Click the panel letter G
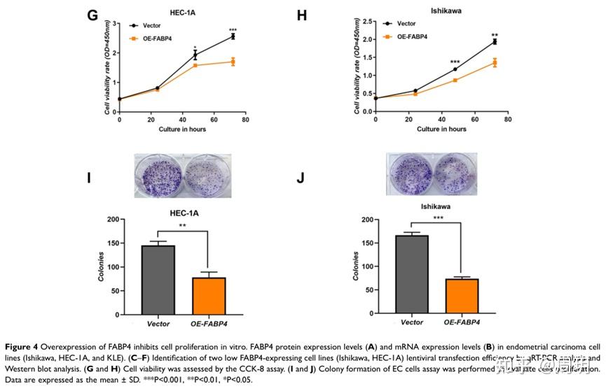click(x=92, y=15)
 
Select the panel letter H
click(x=302, y=15)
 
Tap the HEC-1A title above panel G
click(x=182, y=11)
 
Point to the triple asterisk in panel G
click(x=232, y=29)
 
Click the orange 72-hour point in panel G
click(x=233, y=62)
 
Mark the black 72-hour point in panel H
click(x=495, y=42)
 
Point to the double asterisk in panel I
click(x=184, y=226)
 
